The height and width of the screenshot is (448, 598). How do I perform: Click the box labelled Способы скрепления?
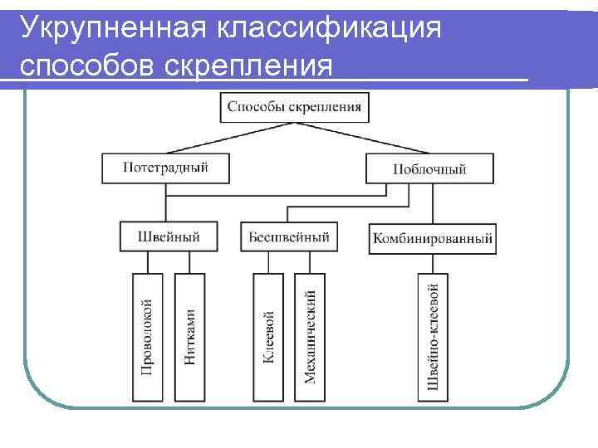pos(295,107)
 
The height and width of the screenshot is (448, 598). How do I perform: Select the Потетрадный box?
pos(165,168)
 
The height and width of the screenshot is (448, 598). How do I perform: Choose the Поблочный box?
pos(429,168)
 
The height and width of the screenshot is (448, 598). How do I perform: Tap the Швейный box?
pos(169,236)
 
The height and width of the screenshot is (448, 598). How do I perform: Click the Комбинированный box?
pos(433,239)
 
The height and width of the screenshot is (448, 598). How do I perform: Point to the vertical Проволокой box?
pos(147,335)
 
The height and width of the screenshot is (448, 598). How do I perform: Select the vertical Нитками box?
pos(190,335)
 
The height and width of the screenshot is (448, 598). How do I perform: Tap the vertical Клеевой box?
pos(268,335)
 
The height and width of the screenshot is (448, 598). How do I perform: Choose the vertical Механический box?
pos(310,335)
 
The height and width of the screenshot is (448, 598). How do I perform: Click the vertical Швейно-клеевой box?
pos(433,335)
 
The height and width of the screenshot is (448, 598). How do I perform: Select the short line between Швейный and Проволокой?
pos(148,262)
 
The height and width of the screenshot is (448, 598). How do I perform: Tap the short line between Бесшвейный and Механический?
pos(310,262)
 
